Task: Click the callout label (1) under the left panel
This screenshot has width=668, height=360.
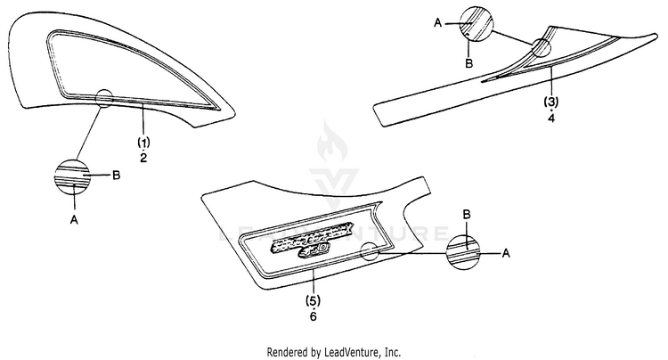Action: tap(143, 143)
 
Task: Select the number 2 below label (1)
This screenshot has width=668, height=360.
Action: tap(143, 157)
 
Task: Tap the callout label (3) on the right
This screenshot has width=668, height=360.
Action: tap(551, 102)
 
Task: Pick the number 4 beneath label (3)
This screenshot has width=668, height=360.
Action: tap(551, 117)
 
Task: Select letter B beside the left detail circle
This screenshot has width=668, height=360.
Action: tap(116, 176)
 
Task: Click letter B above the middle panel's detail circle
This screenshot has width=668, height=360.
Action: tap(466, 214)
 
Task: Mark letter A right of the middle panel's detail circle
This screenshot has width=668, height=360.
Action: tap(506, 254)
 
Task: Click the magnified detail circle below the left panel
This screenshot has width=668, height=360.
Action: tap(74, 176)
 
